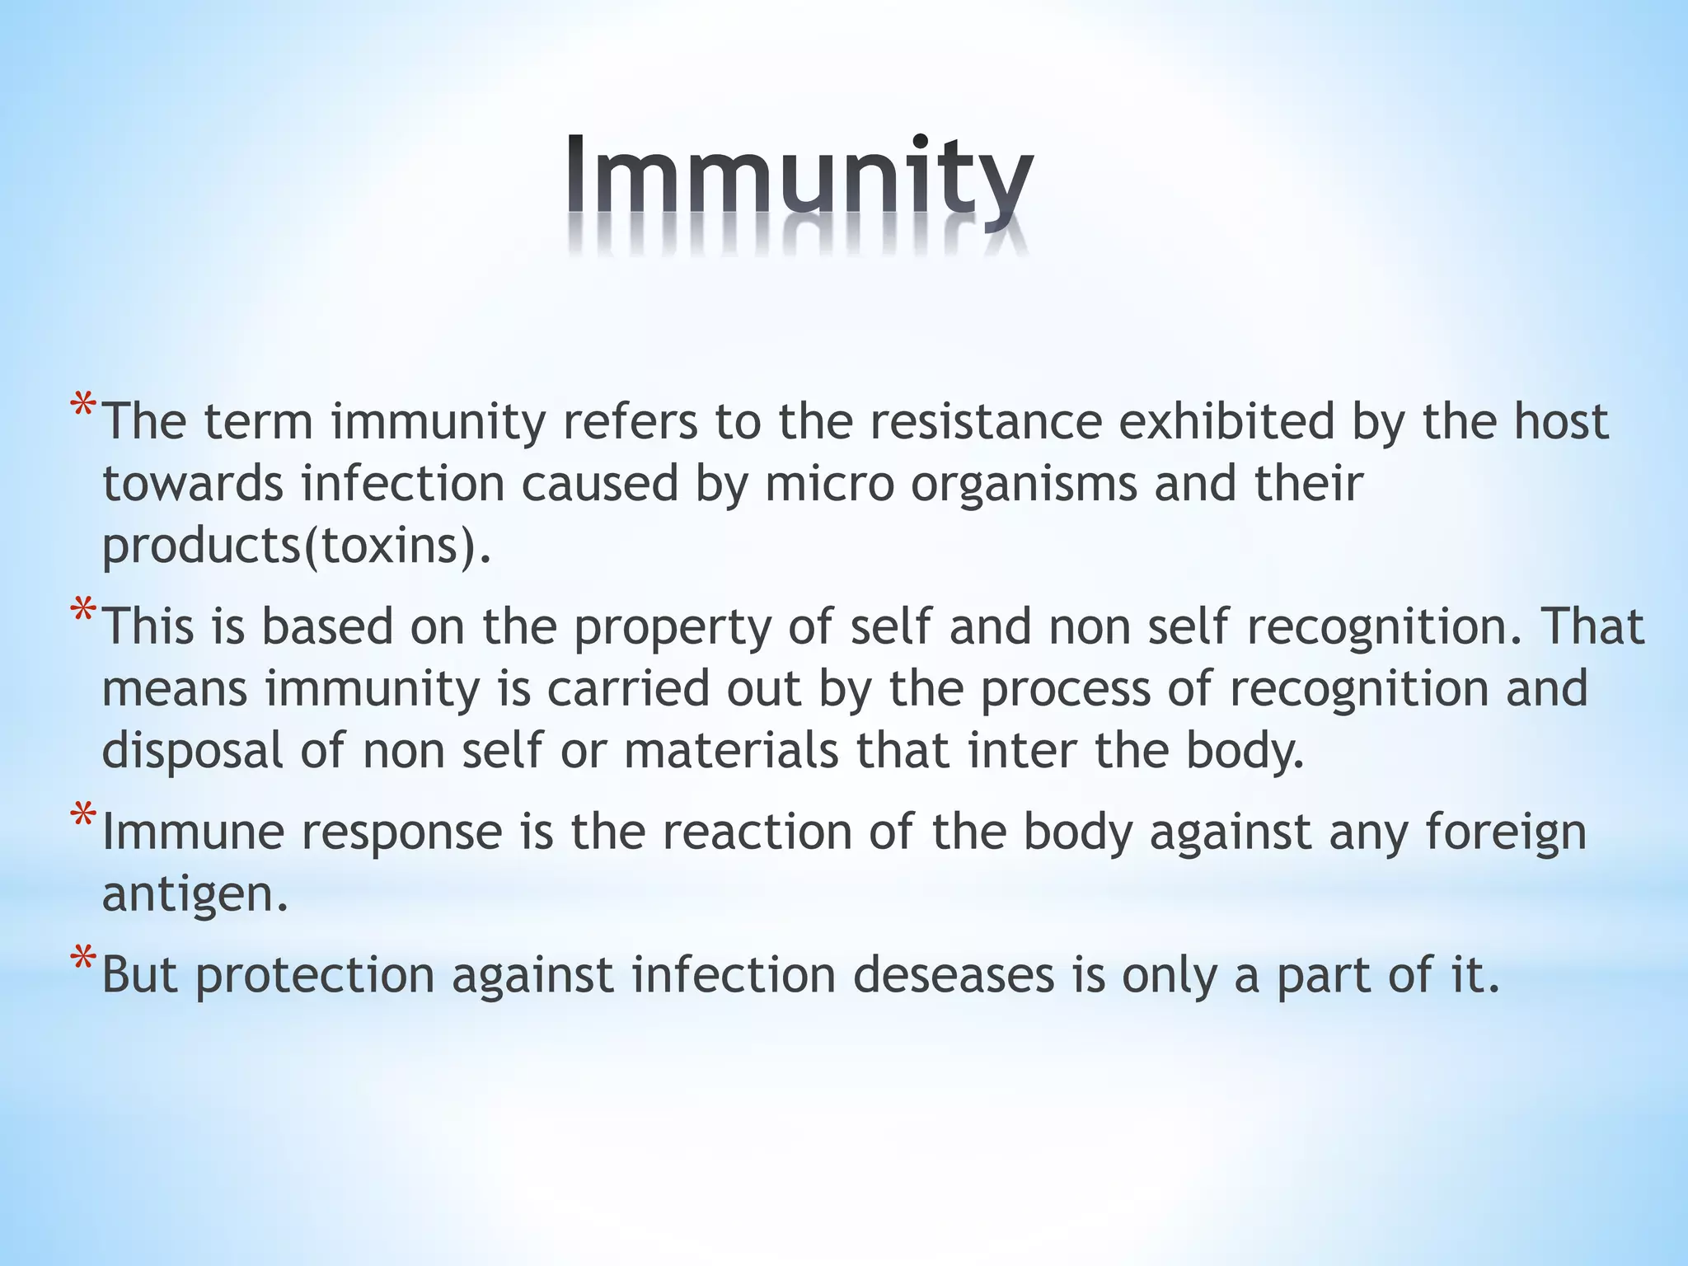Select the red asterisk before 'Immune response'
coord(82,818)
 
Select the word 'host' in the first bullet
coord(1561,421)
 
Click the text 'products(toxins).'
coord(297,545)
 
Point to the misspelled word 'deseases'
coord(954,975)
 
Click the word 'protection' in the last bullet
coord(315,976)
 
